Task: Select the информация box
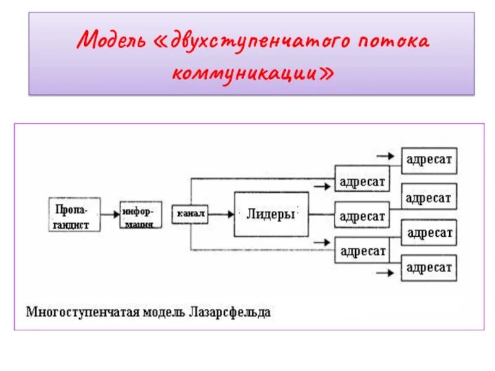(x=140, y=215)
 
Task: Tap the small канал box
(x=191, y=215)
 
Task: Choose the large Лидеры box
(x=271, y=215)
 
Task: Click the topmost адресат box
(x=429, y=160)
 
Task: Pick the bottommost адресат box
(x=429, y=268)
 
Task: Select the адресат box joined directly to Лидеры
(x=362, y=216)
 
